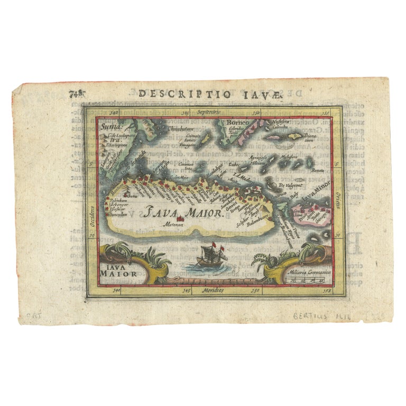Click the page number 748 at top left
(77, 94)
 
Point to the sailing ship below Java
(209, 258)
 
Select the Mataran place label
(180, 225)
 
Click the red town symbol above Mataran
(181, 218)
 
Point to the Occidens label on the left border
(91, 216)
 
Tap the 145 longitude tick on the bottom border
(186, 291)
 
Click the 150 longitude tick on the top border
(255, 113)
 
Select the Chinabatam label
(181, 128)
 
